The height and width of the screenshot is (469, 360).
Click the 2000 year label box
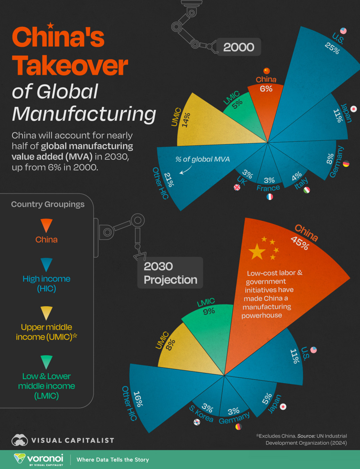239,47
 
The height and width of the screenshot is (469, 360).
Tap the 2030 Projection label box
170,273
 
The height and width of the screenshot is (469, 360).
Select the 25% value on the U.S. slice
332,48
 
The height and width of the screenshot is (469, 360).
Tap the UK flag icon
237,187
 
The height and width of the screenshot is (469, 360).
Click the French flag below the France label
270,196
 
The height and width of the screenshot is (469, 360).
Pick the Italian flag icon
307,190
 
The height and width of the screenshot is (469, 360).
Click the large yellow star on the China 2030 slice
257,252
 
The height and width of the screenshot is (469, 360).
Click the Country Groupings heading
48,204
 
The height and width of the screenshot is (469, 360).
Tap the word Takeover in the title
70,65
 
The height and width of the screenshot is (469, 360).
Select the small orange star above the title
50,25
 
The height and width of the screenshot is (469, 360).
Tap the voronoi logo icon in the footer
20,458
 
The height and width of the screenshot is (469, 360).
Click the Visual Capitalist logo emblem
20,440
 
